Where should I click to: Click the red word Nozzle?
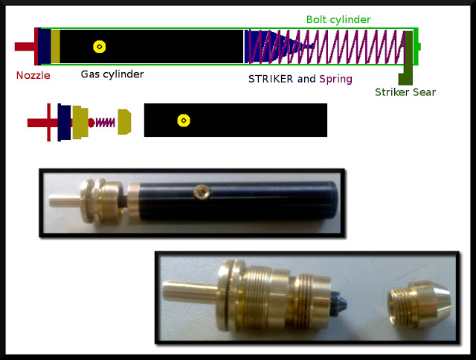(33, 75)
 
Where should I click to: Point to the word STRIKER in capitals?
(271, 78)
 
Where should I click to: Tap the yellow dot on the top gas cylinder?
(99, 46)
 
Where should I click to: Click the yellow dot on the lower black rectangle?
(183, 120)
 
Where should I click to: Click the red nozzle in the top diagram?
(27, 46)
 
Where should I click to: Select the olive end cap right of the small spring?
(124, 121)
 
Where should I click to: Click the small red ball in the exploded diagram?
(91, 121)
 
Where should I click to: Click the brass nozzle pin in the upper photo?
(63, 200)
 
